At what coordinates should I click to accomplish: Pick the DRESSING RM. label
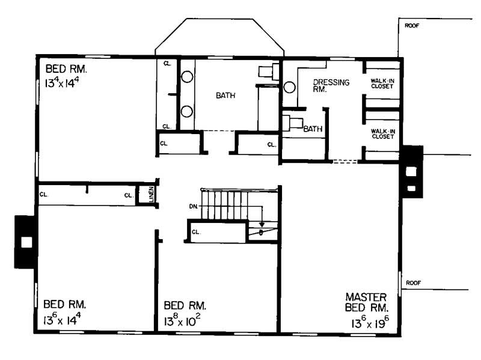(330, 86)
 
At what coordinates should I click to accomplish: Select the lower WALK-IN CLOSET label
(382, 133)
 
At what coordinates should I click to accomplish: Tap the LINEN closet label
(145, 194)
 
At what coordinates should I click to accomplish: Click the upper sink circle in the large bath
(187, 77)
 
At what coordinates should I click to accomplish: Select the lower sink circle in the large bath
(187, 111)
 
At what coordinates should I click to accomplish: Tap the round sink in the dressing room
(290, 88)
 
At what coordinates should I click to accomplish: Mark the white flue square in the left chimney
(26, 242)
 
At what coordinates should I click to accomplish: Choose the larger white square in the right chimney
(411, 171)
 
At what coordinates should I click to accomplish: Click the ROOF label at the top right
(412, 26)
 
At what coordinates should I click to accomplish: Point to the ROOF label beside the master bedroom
(414, 282)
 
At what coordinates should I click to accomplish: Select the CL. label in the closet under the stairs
(195, 231)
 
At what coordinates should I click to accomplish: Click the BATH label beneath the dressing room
(312, 129)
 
